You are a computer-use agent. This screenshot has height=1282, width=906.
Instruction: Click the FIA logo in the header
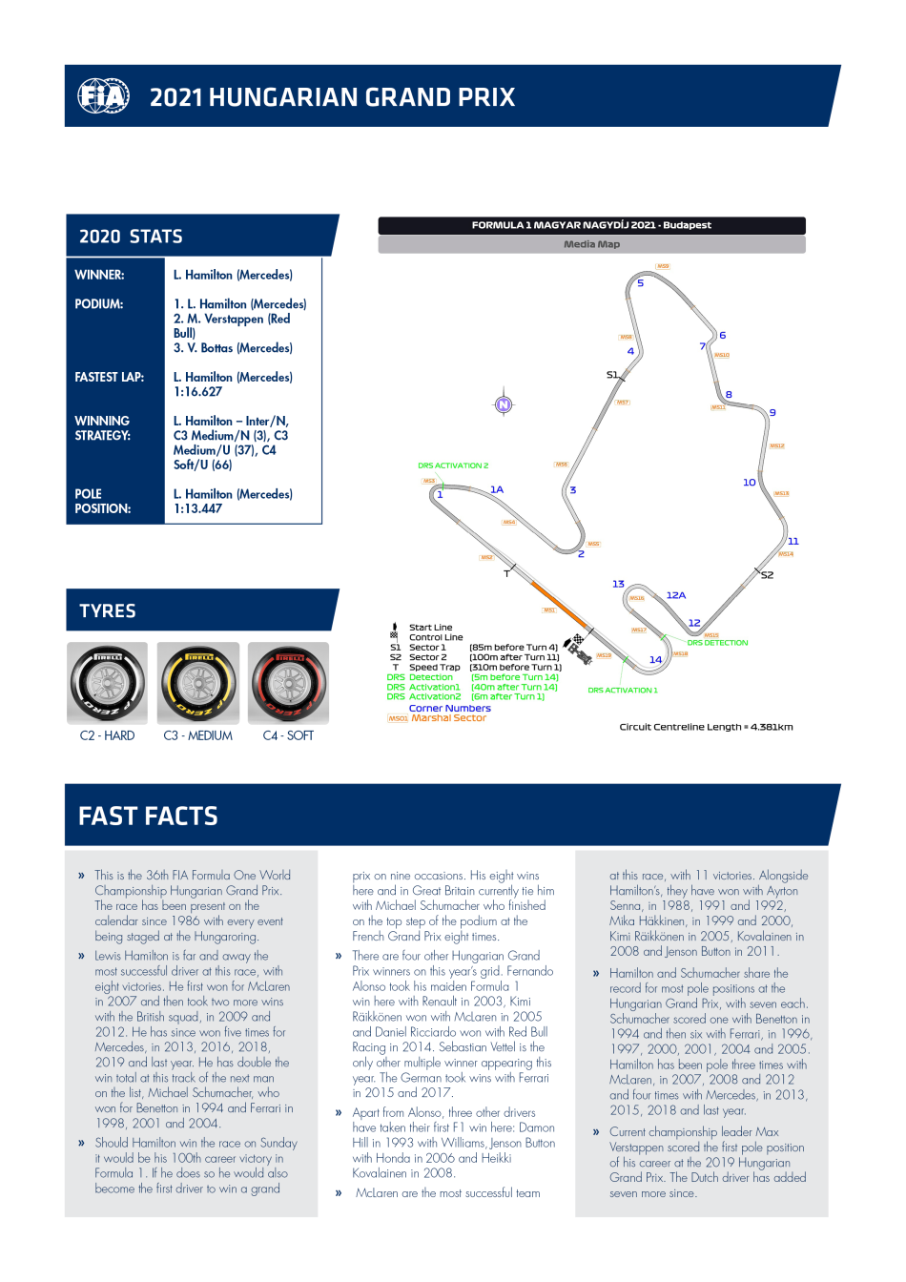click(103, 96)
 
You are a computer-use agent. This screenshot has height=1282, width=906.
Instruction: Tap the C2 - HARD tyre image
click(107, 684)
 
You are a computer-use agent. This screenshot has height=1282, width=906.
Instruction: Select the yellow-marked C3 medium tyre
click(198, 684)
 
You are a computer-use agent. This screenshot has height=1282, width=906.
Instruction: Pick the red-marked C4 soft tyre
click(289, 684)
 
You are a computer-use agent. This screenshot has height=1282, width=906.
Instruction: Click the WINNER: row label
click(99, 275)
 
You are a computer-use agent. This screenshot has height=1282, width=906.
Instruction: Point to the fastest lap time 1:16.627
click(197, 392)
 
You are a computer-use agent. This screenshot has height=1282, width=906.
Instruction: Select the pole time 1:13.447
click(197, 509)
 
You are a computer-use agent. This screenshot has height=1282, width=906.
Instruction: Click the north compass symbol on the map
click(504, 404)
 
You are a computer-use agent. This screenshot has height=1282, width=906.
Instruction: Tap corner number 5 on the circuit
click(641, 283)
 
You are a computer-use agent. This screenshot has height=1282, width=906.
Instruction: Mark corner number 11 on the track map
click(793, 541)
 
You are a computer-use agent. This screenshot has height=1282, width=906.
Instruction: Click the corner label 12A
click(676, 595)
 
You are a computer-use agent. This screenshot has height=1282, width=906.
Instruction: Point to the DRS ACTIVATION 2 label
click(453, 465)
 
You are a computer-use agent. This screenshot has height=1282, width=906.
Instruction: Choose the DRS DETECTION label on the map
click(718, 643)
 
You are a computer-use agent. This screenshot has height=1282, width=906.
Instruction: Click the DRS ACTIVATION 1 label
click(623, 691)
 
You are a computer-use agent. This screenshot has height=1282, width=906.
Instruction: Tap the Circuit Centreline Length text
click(706, 727)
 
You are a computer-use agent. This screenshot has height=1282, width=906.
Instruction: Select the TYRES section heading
click(108, 611)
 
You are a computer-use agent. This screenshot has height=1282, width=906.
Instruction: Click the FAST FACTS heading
click(149, 817)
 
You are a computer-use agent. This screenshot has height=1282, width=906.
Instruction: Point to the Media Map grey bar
click(591, 244)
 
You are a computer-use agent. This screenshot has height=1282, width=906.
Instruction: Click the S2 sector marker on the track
click(768, 575)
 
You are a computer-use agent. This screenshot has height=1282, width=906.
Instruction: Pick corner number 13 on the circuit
click(618, 584)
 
